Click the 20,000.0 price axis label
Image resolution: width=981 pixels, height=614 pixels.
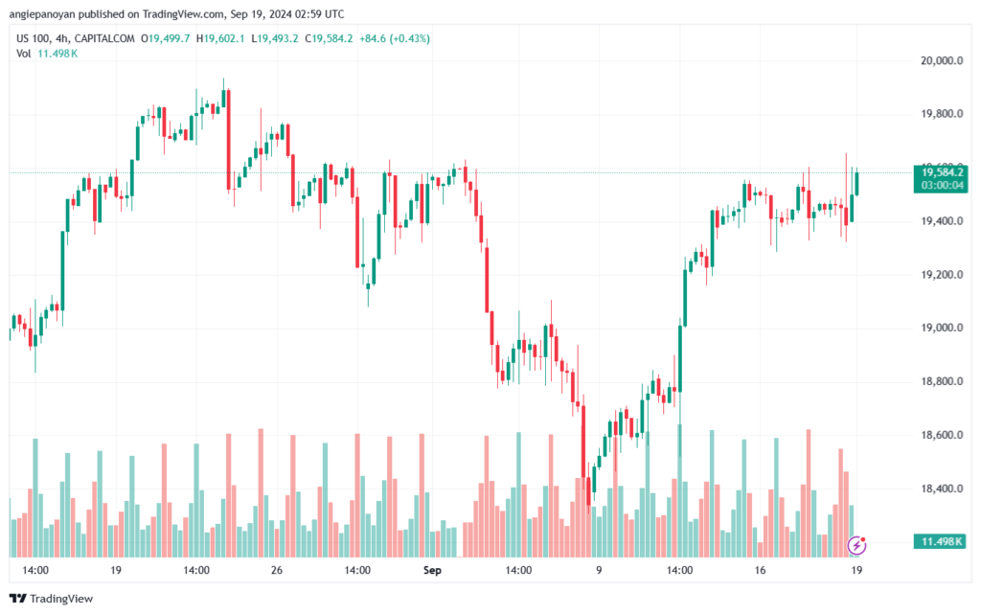coord(942,60)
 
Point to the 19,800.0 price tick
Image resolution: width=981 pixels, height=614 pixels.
coord(942,114)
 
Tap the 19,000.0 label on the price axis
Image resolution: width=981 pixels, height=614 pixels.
coord(942,328)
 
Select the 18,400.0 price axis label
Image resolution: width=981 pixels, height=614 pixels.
coord(942,489)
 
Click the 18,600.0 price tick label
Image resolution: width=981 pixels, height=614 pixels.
coord(942,435)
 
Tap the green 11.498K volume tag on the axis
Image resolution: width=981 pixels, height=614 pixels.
coord(941,541)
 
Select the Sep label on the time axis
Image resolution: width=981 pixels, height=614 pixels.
coord(432,570)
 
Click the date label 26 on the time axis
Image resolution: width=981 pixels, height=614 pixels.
coord(277,570)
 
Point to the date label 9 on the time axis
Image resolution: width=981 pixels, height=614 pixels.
coord(599,570)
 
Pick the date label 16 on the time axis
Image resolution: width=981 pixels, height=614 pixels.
coord(760,570)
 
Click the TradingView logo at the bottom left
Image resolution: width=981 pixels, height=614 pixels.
coord(52,599)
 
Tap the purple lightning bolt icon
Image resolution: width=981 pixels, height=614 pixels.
coord(856,546)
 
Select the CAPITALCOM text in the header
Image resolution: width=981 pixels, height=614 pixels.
coord(104,38)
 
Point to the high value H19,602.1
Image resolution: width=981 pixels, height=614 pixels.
coord(220,38)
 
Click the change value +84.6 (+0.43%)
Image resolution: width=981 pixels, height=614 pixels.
coord(395,38)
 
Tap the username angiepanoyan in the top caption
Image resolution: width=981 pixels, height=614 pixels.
coord(41,13)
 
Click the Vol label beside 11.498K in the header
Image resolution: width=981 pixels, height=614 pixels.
coord(24,54)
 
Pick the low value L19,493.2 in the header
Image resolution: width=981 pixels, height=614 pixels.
coord(275,38)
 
